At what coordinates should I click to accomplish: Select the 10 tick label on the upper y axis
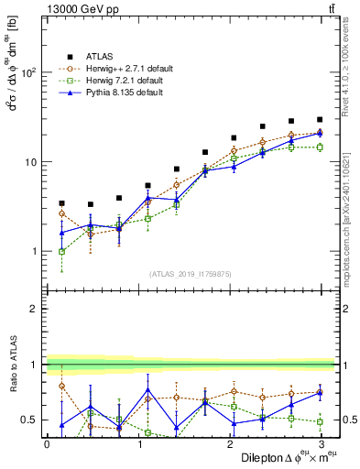pos(28,162)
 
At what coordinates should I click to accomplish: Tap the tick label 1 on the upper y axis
pos(32,251)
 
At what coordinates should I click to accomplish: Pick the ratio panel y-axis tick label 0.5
pos(28,420)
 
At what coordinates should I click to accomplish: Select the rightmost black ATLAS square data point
pos(320,119)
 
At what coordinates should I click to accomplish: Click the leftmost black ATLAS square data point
pos(61,203)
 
